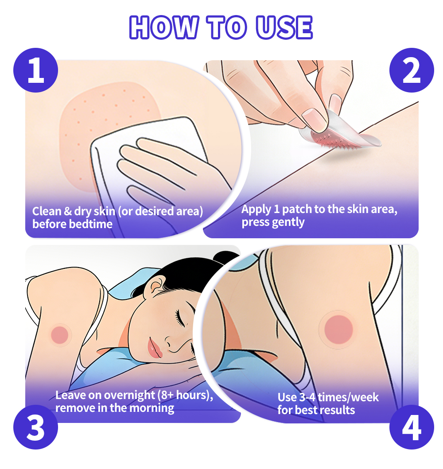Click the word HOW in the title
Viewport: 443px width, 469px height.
(163, 27)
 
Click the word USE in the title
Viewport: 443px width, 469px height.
(284, 27)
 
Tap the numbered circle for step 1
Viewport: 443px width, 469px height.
(35, 70)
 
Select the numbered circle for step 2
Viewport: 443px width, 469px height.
(411, 70)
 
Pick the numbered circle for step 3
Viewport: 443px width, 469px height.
(35, 427)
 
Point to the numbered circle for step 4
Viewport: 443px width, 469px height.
(411, 427)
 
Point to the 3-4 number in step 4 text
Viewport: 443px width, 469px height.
(307, 398)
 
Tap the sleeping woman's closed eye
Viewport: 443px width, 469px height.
(180, 318)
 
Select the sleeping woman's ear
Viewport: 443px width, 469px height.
(156, 286)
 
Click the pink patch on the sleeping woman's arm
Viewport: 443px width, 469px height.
(60, 335)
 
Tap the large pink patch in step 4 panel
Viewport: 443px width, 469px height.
(338, 329)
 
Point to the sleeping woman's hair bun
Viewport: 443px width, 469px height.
(226, 258)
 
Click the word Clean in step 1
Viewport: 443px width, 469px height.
(47, 211)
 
